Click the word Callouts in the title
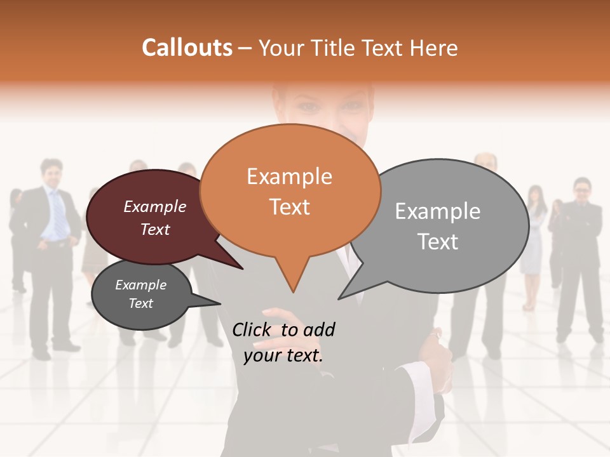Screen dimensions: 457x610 pyautogui.click(x=187, y=48)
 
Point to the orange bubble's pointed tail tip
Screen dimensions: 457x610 pyautogui.click(x=293, y=291)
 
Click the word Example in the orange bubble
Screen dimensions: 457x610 pyautogui.click(x=289, y=176)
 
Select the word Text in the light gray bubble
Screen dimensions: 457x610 pyautogui.click(x=438, y=242)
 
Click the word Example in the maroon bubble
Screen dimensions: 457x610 pyautogui.click(x=155, y=206)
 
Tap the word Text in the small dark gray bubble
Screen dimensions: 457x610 pyautogui.click(x=141, y=303)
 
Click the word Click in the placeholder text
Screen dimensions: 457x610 pyautogui.click(x=252, y=329)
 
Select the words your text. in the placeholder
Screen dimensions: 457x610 pyautogui.click(x=283, y=355)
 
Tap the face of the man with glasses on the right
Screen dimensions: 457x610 pyautogui.click(x=581, y=189)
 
